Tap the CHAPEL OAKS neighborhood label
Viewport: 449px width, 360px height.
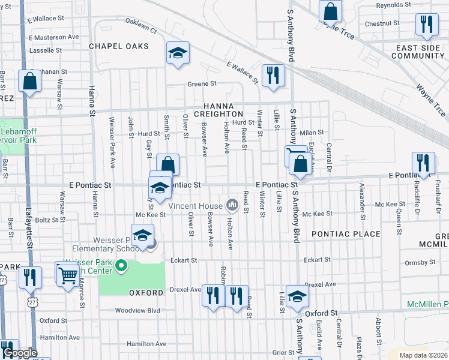coord(119,46)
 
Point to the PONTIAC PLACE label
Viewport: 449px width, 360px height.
coord(345,233)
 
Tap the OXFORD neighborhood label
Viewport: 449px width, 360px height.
coord(146,292)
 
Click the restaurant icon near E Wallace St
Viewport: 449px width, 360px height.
coord(273,76)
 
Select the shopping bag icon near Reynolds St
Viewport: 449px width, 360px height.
coord(330,11)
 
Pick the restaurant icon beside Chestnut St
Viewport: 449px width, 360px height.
coord(426,25)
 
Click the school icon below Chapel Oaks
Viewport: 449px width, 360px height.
coord(178,53)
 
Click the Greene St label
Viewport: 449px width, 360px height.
coord(201,84)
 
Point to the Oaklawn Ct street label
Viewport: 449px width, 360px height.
coord(140,25)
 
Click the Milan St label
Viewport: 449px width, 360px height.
coord(312,132)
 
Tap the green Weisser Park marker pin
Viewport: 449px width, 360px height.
coord(122,265)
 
